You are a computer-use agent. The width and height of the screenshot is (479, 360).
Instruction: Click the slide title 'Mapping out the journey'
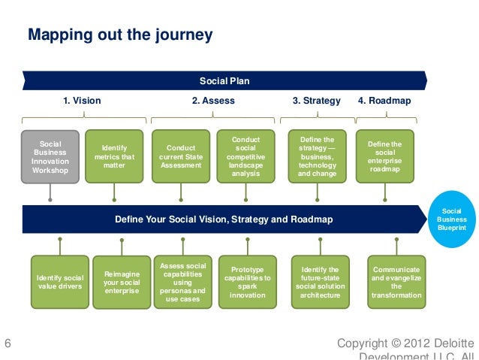[x=120, y=35]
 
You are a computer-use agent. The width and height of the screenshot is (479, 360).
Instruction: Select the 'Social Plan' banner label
[x=224, y=81]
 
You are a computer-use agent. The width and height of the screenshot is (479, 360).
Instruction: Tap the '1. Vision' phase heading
[x=82, y=101]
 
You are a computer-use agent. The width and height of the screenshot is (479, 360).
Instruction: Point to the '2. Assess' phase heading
[x=213, y=101]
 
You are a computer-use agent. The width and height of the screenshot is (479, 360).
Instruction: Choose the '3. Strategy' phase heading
[x=316, y=101]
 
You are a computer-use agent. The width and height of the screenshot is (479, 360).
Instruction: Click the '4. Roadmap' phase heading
[x=384, y=101]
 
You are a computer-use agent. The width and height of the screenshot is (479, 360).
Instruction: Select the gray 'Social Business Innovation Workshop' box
[x=50, y=157]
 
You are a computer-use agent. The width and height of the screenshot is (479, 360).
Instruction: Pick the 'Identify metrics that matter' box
[x=115, y=157]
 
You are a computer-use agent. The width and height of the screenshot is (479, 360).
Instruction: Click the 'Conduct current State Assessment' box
[x=180, y=157]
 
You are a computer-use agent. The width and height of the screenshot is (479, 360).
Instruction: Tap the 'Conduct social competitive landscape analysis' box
[x=246, y=157]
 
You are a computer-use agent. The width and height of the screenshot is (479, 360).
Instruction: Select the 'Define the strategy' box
[x=317, y=157]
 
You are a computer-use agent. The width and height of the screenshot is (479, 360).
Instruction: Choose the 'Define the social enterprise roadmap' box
[x=385, y=157]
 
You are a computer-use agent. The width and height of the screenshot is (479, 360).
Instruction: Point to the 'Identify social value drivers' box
[x=60, y=282]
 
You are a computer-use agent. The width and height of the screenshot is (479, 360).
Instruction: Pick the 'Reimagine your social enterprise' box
[x=122, y=282]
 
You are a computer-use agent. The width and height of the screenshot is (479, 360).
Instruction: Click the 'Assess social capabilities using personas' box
[x=183, y=282]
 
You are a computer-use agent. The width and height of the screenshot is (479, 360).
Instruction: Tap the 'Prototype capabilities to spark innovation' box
[x=248, y=282]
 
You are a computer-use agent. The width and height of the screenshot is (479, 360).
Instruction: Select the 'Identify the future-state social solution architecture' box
[x=320, y=282]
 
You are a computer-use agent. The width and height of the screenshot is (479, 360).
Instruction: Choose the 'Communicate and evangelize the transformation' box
[x=396, y=282]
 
